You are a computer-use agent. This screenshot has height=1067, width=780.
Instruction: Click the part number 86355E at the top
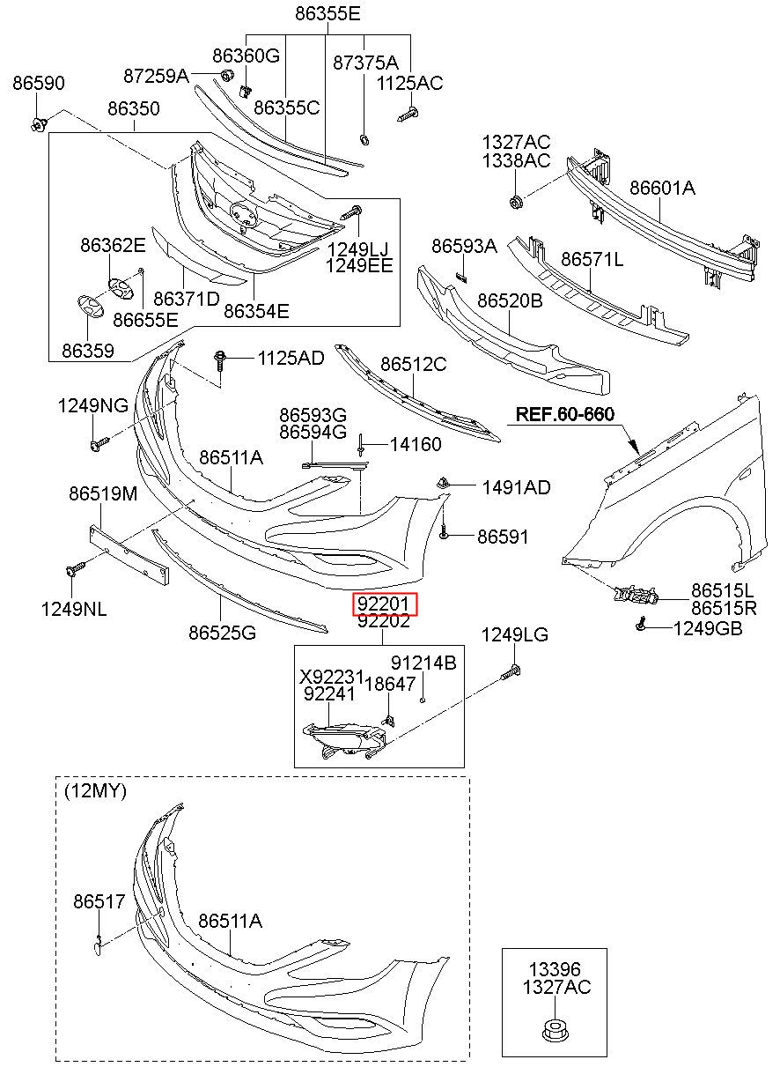[x=327, y=14]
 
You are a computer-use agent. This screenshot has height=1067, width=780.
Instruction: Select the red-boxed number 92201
[x=384, y=604]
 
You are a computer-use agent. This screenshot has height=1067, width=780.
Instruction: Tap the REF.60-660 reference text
[x=564, y=414]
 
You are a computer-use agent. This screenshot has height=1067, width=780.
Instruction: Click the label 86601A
[x=662, y=189]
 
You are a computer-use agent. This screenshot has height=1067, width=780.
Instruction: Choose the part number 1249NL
[x=74, y=609]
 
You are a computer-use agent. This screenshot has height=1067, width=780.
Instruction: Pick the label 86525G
[x=222, y=633]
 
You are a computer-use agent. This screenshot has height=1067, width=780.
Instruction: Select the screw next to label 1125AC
[x=408, y=115]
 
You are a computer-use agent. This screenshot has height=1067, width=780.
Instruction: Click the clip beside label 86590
[x=38, y=125]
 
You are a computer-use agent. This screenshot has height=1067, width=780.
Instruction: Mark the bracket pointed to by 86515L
[x=636, y=595]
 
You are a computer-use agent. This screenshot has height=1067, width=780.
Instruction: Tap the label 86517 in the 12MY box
[x=99, y=901]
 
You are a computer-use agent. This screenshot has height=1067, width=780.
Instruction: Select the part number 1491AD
[x=517, y=487]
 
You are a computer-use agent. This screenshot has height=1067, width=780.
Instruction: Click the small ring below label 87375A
[x=365, y=139]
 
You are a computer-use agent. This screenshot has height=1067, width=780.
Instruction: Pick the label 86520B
[x=510, y=300]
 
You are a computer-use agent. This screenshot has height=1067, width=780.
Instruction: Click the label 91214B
[x=423, y=663]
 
